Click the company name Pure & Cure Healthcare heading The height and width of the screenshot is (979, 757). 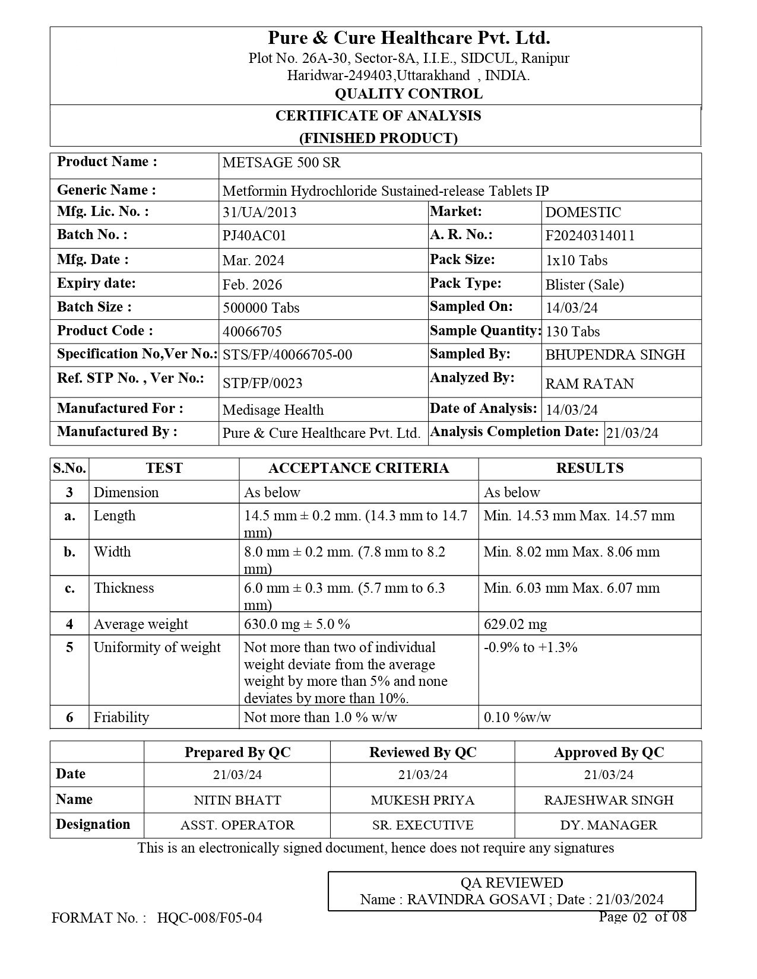coord(408,39)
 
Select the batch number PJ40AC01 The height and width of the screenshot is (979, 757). coord(254,236)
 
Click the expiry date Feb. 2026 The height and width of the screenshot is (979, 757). coord(252,285)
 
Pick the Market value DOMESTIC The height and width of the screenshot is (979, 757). coord(583,212)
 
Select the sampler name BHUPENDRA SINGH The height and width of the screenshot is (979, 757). coord(615,355)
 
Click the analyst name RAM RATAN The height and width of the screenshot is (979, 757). coord(590,384)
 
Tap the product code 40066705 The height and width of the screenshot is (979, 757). coord(252,331)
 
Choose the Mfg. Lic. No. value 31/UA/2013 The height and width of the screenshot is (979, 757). coord(259,212)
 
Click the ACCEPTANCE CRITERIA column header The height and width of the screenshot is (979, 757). coord(359,468)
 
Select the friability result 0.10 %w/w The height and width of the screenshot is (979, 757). coord(517,717)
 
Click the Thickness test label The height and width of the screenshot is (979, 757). coord(123,588)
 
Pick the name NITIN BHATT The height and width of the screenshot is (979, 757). coord(237,800)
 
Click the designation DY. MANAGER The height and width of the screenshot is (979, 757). coord(609,825)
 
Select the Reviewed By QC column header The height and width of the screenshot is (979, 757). coord(423,752)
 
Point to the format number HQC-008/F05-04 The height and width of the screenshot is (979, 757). coord(210,918)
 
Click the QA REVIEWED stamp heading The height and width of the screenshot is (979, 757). coord(512,883)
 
